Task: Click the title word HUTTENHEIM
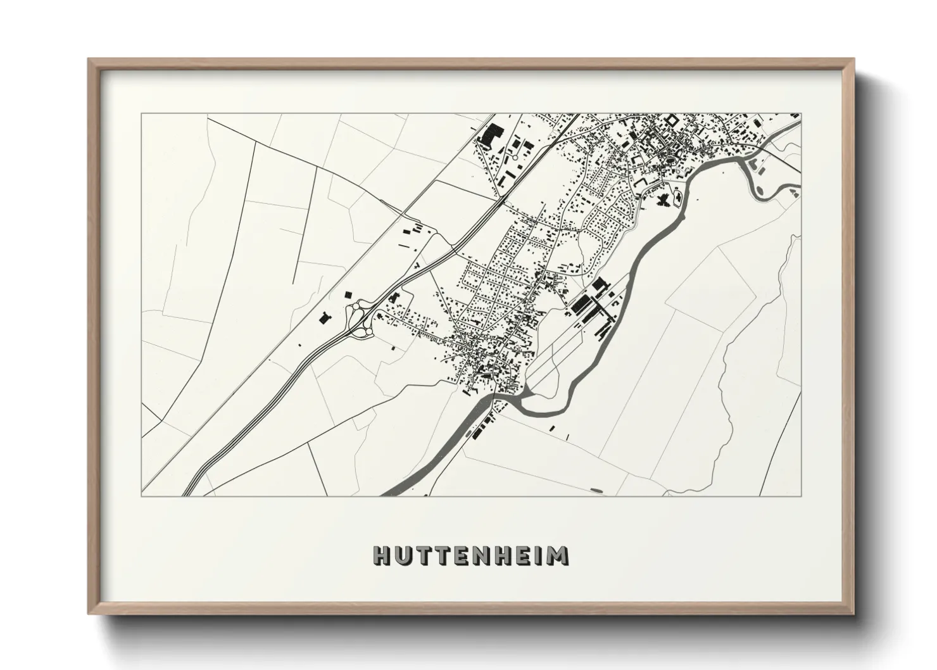[x=470, y=555]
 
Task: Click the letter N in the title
[x=486, y=555]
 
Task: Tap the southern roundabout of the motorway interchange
[x=365, y=329]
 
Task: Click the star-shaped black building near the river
[x=663, y=201]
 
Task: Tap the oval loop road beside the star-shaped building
[x=677, y=199]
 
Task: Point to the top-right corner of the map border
[x=801, y=114]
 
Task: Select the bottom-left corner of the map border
[x=141, y=496]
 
